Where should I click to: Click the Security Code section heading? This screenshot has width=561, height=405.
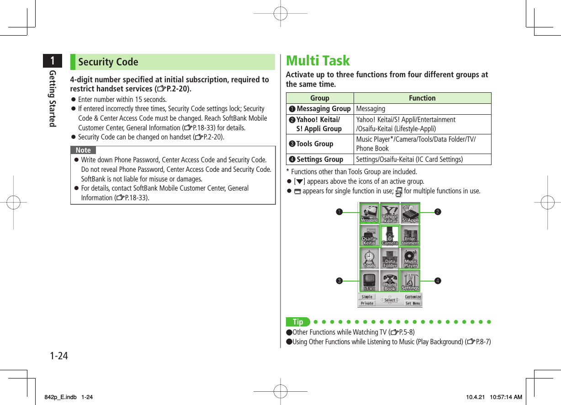108,62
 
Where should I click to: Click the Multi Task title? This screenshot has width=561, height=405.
318,61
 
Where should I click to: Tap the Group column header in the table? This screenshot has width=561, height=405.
319,98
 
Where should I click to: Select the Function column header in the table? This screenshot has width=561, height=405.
422,98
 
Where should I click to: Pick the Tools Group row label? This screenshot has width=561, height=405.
315,144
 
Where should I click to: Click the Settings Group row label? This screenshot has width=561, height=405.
320,160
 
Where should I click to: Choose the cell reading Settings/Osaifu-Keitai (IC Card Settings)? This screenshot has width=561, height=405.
409,160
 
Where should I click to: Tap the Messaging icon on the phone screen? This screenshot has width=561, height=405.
369,213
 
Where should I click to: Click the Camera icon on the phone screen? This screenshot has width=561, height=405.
390,236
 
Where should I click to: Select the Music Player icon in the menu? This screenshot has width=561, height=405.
410,258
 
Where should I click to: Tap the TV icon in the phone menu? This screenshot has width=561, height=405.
369,281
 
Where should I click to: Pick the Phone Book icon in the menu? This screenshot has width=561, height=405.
390,281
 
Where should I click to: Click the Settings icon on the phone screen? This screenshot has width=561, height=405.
410,281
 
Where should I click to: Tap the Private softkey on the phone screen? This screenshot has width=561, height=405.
367,303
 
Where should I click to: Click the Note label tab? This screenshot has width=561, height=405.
83,150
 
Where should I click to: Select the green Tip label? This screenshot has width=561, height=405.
298,322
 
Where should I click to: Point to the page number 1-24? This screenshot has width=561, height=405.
59,355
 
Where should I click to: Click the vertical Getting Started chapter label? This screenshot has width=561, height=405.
53,98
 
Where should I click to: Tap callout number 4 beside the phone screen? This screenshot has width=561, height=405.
437,280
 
